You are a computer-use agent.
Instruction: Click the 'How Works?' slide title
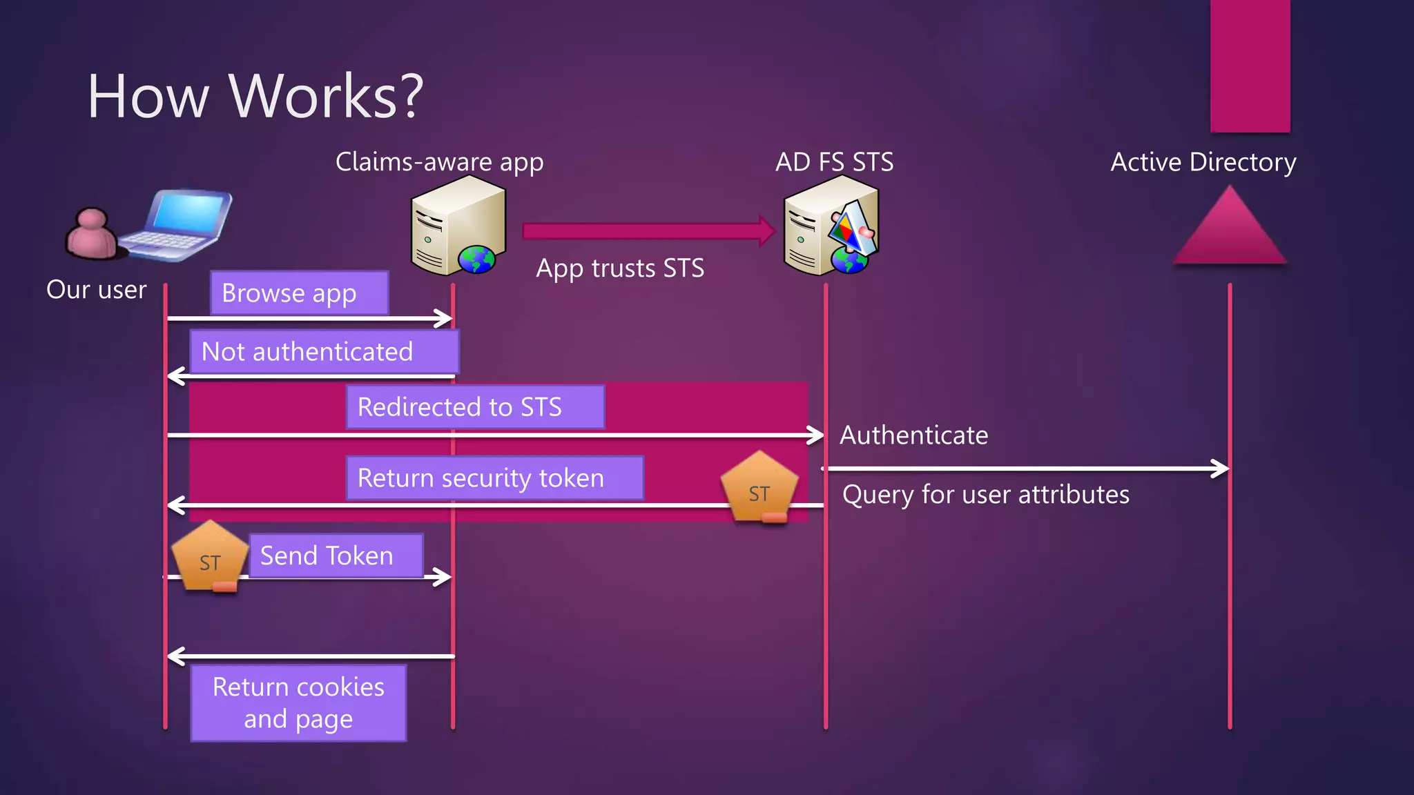[255, 96]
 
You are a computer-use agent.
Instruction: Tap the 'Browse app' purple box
[299, 293]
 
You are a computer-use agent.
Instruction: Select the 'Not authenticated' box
[324, 352]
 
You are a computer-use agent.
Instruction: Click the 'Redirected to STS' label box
[475, 407]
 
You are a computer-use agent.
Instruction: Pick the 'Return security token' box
[494, 478]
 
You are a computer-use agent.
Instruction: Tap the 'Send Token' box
[336, 556]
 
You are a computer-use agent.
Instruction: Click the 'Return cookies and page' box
[298, 703]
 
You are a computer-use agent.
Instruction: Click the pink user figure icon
[93, 235]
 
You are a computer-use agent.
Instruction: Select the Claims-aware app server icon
[457, 226]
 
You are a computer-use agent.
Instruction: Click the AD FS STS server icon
[831, 226]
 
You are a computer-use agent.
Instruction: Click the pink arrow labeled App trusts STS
[648, 230]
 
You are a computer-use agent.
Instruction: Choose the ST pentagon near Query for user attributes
[759, 488]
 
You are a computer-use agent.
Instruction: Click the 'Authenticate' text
[913, 435]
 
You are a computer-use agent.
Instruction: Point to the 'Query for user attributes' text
[985, 495]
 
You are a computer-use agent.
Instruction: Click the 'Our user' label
[97, 290]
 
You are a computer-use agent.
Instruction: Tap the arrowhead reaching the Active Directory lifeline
[1221, 469]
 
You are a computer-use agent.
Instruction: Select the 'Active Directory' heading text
[1203, 162]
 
